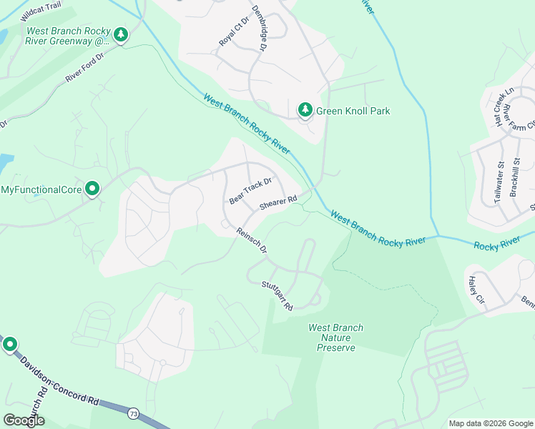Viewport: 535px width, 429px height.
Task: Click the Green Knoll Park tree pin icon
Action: coord(305,109)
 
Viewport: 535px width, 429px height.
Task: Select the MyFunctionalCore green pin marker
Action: coord(92,189)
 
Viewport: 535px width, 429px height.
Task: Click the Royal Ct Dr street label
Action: coord(232,29)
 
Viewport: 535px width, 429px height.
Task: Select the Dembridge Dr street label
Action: coord(257,30)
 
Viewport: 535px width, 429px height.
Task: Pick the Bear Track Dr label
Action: coord(250,191)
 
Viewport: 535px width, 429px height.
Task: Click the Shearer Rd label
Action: coord(278,204)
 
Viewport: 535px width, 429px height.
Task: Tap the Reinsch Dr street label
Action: coord(251,240)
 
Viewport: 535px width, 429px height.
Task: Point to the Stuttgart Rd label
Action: coord(278,295)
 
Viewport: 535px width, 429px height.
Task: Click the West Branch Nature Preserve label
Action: coord(335,337)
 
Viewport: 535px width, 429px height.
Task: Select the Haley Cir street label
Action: coord(476,290)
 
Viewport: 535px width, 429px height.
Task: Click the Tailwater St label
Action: coord(499,183)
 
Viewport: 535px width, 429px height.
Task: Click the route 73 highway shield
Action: coord(133,413)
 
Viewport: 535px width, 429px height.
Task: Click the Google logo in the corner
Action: coord(24,420)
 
